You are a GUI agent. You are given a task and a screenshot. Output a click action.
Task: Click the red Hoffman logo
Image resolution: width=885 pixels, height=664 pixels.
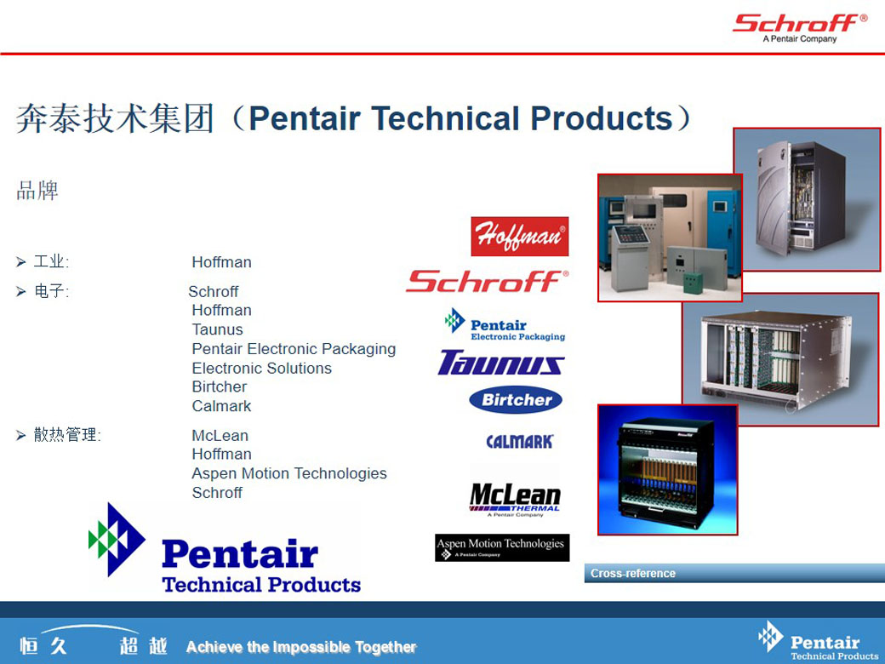[520, 237]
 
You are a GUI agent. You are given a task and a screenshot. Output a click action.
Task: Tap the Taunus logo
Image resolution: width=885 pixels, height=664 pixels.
[501, 363]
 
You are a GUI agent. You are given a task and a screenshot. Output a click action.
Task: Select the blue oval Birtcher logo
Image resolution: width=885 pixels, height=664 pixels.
[516, 400]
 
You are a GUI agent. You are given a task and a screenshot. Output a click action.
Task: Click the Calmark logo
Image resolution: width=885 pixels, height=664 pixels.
[520, 442]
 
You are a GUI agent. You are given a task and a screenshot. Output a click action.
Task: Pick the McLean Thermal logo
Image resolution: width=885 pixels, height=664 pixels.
[515, 499]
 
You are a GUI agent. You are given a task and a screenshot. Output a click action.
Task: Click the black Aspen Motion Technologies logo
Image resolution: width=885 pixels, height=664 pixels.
[502, 547]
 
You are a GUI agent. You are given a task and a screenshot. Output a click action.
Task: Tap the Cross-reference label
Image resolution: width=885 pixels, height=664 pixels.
[633, 574]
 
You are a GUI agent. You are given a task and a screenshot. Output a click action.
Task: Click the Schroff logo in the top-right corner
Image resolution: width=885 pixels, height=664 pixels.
[800, 27]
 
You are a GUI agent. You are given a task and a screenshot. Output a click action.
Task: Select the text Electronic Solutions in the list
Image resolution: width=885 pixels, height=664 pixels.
[262, 368]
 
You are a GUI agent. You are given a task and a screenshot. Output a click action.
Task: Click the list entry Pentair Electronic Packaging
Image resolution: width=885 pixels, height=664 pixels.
[294, 349]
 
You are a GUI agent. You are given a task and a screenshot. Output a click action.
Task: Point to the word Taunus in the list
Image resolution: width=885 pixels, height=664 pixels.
[217, 329]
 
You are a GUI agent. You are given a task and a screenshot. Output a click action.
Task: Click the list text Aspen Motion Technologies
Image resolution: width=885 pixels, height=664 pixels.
[289, 473]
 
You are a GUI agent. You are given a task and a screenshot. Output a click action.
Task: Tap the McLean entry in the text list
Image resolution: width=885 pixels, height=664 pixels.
[220, 436]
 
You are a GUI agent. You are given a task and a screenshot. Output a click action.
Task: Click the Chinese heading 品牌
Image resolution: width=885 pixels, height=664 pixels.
[37, 191]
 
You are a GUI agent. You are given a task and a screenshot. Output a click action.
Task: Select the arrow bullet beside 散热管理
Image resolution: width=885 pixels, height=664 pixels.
[21, 435]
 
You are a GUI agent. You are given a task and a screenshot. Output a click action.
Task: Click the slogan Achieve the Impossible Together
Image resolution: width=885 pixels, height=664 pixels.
[301, 646]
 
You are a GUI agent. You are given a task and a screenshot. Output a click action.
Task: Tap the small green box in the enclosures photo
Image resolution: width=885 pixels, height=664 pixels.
[693, 283]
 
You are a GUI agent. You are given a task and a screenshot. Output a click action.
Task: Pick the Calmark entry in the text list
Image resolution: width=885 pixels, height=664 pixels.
[221, 406]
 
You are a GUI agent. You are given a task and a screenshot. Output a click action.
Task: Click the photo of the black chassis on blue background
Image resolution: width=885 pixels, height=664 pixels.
[668, 470]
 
